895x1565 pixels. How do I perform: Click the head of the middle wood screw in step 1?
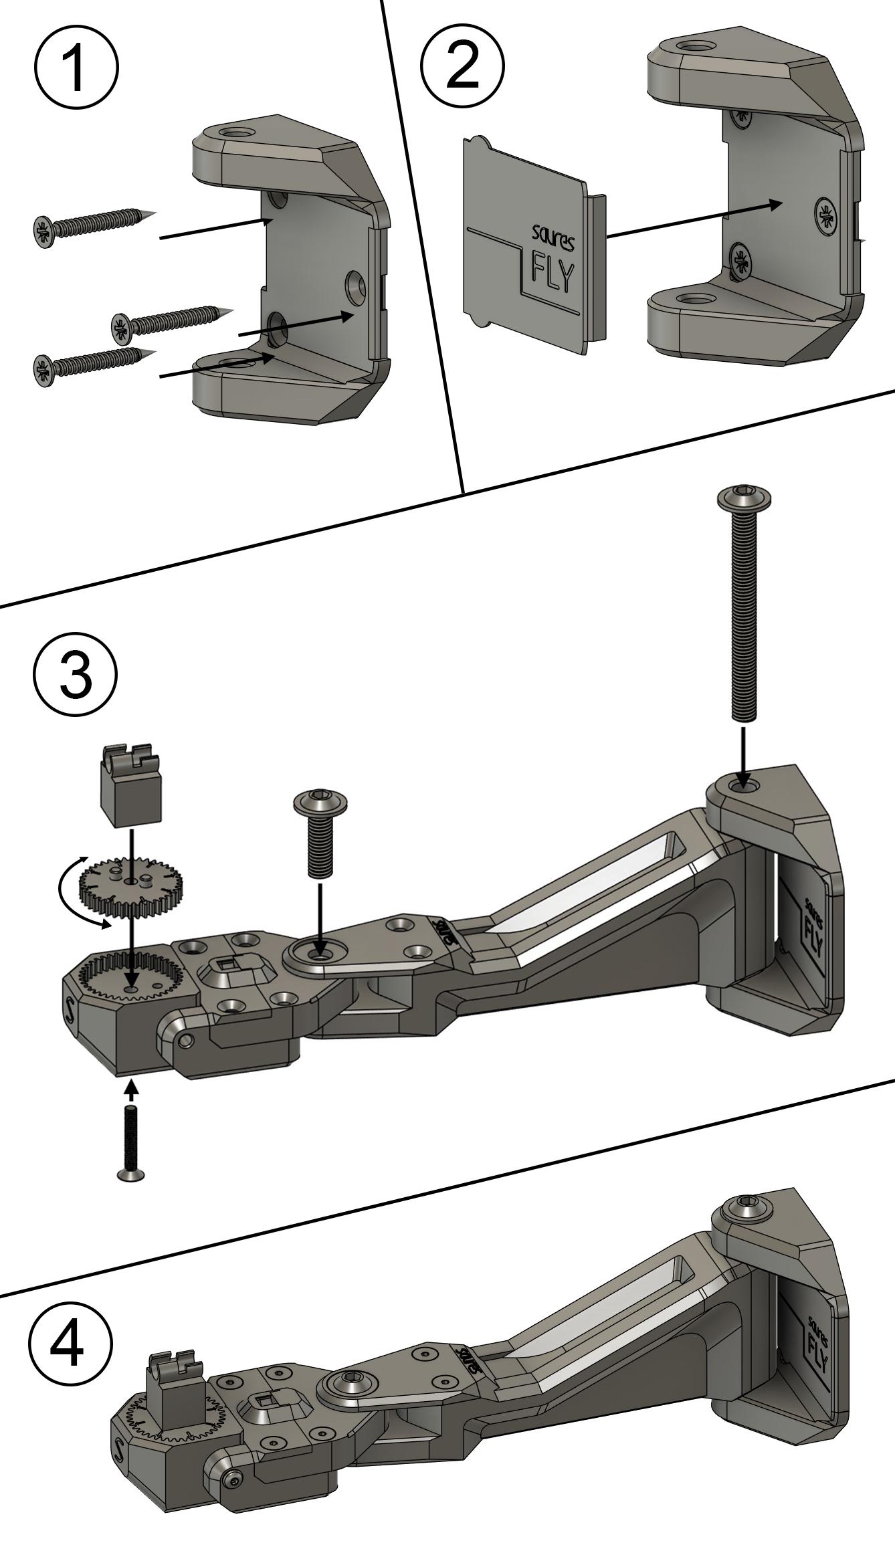coord(122,325)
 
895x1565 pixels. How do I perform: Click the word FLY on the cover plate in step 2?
coord(552,273)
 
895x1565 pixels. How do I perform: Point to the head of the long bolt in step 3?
coord(744,498)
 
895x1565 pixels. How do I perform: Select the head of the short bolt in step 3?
coord(320,801)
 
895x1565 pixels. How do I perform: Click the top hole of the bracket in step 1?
coord(237,132)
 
